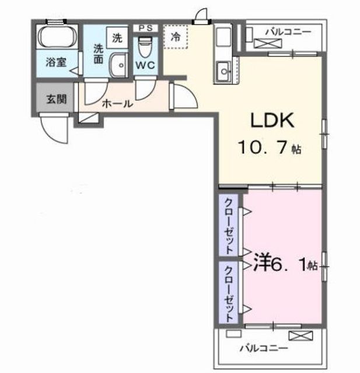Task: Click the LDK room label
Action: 272,120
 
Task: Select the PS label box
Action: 145,28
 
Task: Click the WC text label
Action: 145,65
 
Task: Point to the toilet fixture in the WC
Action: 145,47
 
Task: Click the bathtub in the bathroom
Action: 57,37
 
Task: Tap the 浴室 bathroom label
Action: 56,62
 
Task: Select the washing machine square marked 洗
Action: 117,37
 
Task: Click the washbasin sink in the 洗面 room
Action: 119,65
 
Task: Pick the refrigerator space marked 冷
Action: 176,37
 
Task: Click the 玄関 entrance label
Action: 56,99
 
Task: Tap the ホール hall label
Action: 117,104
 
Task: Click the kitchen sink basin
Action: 223,71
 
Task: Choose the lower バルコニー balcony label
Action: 264,349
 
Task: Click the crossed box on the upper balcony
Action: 268,43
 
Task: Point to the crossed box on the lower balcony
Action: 300,336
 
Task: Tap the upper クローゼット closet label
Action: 229,226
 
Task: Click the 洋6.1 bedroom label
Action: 285,265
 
